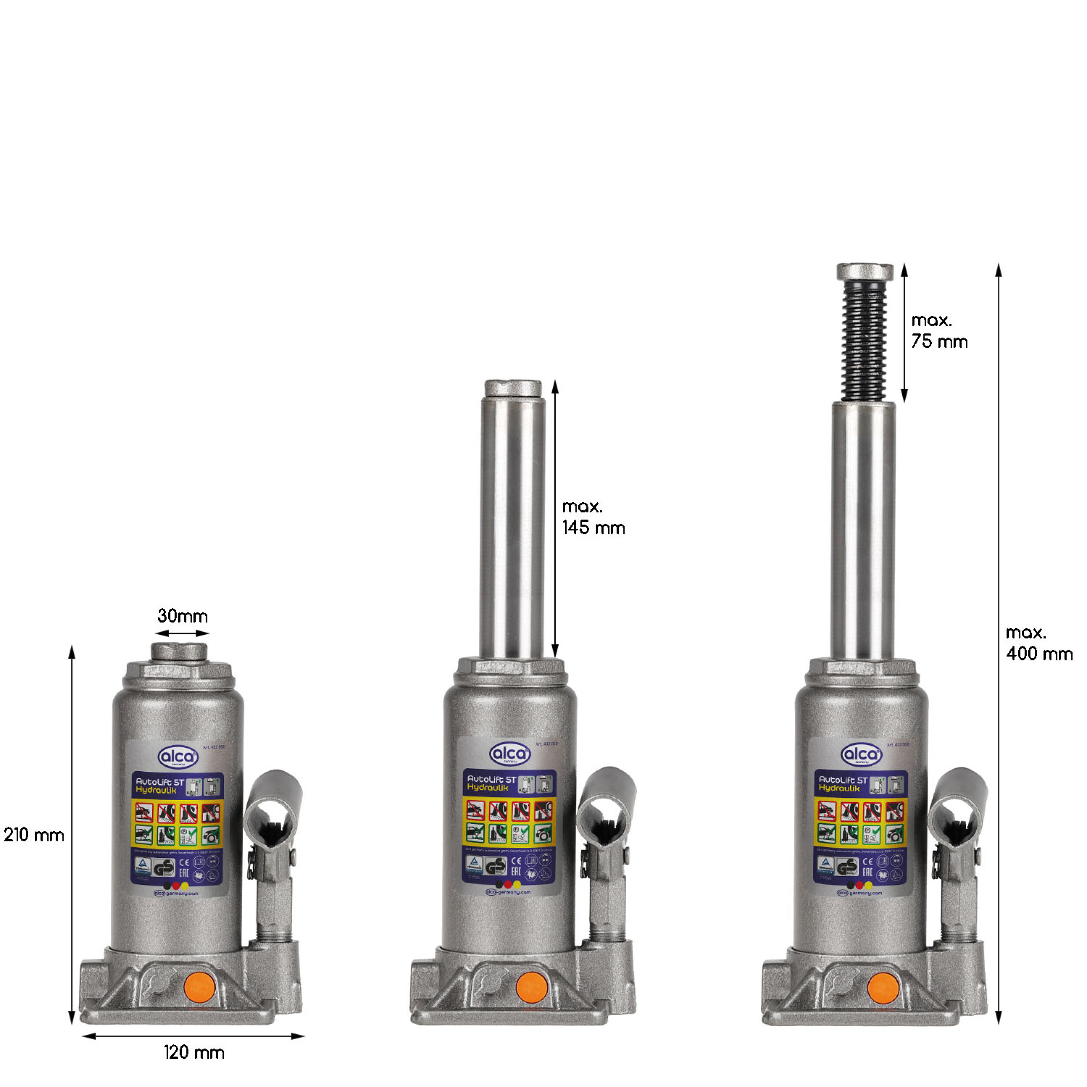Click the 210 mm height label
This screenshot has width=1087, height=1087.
(x=34, y=835)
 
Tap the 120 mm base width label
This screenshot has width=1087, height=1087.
(x=194, y=1052)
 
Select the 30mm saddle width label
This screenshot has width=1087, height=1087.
(x=182, y=616)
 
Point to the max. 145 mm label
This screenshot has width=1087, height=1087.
(x=593, y=517)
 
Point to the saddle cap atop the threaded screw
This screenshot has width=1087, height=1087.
(x=865, y=272)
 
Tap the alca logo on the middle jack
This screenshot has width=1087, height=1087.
(x=510, y=754)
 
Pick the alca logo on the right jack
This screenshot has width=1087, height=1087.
(x=861, y=754)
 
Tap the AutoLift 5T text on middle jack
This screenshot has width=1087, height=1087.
(x=491, y=780)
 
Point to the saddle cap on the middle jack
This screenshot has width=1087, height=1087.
(x=513, y=388)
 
